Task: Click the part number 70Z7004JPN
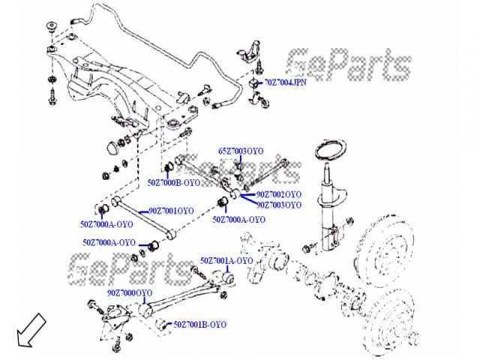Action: click(x=286, y=82)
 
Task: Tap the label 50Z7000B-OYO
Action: click(x=173, y=181)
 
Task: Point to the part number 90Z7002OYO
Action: click(x=278, y=194)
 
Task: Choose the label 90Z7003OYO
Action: click(x=278, y=204)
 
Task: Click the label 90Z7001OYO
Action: click(x=170, y=211)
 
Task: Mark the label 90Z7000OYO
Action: click(x=130, y=292)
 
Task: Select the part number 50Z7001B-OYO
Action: click(x=199, y=325)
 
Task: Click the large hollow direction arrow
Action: click(x=27, y=331)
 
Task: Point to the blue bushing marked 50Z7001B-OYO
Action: click(x=160, y=324)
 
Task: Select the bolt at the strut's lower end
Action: click(x=308, y=248)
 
